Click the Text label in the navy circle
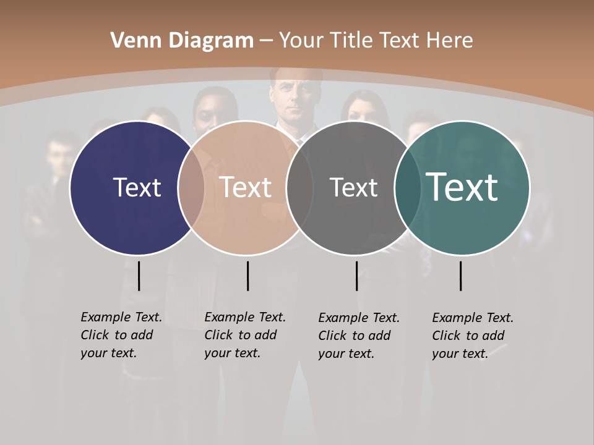point(137,187)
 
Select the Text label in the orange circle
point(246,187)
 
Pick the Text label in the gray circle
point(353,188)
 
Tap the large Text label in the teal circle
point(462,187)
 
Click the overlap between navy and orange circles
point(191,188)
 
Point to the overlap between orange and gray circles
point(299,188)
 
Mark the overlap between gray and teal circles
point(407,188)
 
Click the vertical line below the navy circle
point(139,276)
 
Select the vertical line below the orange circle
point(247,276)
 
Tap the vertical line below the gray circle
point(356,276)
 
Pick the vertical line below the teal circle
point(460,276)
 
